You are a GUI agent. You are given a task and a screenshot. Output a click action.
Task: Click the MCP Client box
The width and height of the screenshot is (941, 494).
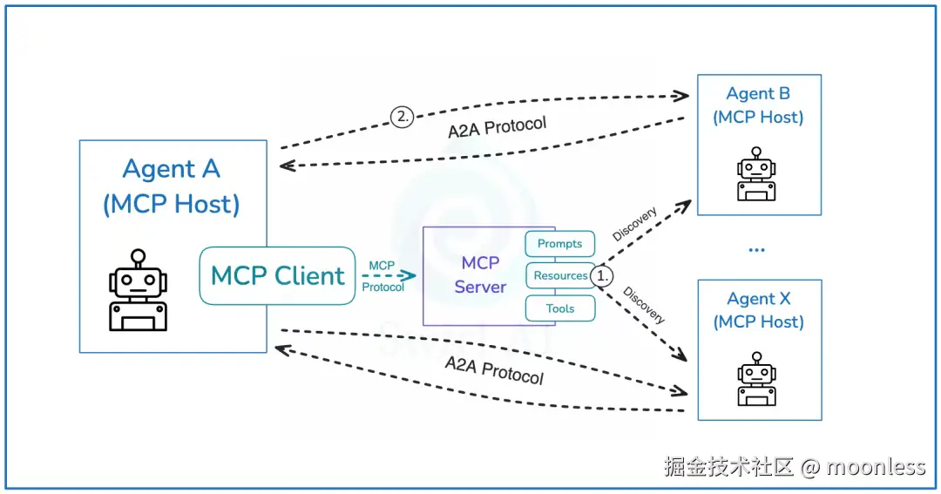point(277,275)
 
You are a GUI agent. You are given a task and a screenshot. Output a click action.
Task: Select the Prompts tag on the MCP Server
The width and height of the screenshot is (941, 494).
point(559,244)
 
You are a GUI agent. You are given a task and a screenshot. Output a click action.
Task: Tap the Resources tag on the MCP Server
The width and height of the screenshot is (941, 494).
point(560,275)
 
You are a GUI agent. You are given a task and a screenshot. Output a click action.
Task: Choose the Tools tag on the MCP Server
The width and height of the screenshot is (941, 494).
point(560,308)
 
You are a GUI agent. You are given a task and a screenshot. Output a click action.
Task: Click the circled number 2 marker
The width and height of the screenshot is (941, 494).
point(402,117)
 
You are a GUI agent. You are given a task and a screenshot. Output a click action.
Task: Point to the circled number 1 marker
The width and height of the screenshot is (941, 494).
point(603,275)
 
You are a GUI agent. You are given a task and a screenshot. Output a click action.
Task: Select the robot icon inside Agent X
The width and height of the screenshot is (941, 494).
point(756,379)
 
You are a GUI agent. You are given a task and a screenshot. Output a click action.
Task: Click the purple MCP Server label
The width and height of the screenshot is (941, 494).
point(480,274)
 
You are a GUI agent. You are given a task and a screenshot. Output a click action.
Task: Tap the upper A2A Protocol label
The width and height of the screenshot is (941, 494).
point(498,127)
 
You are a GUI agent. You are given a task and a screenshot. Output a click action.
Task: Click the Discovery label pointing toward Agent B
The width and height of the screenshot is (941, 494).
point(634,225)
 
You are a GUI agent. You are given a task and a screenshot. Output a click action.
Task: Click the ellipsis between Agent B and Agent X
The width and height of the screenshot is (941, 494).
point(756,249)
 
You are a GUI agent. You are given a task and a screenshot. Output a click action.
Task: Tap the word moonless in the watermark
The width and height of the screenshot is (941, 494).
point(876,467)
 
